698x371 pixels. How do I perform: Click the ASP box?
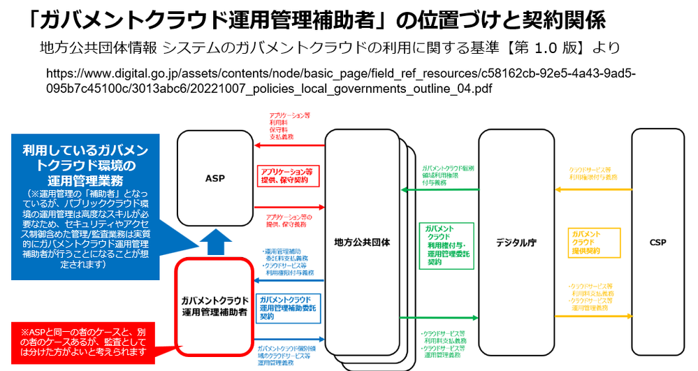(215, 178)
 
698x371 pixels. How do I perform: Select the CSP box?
(657, 242)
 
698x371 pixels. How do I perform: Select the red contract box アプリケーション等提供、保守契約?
(288, 175)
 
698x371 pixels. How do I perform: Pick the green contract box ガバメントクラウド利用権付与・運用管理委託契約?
(446, 245)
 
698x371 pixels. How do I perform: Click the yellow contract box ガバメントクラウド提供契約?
(586, 242)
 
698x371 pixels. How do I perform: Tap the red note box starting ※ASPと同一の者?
(82, 341)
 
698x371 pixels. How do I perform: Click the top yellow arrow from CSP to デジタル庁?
(593, 189)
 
